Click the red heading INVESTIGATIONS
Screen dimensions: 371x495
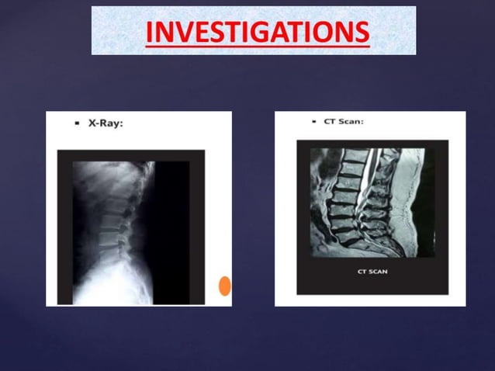[257, 33]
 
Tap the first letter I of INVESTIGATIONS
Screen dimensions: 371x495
[150, 33]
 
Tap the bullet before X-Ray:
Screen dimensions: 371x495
[78, 123]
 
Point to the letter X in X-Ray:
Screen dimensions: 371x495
[92, 123]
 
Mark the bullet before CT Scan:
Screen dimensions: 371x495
[313, 121]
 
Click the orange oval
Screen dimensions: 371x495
[224, 286]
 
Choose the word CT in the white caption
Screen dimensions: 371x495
[362, 272]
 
